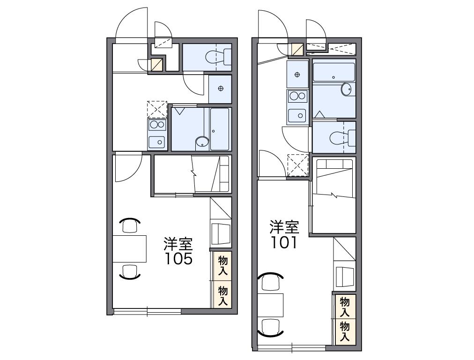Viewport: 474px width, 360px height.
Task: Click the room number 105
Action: click(178, 259)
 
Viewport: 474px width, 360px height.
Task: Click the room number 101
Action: click(284, 243)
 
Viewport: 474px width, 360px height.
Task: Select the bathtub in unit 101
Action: click(333, 72)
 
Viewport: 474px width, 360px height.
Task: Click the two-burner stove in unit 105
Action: click(157, 125)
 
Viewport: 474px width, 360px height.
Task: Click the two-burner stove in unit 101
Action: click(297, 97)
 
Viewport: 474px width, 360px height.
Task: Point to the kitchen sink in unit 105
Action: click(157, 141)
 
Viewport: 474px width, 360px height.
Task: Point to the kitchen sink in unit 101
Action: click(297, 114)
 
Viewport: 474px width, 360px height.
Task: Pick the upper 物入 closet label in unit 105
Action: click(222, 265)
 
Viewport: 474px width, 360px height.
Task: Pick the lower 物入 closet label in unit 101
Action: click(345, 331)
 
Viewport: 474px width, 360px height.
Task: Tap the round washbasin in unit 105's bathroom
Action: click(201, 142)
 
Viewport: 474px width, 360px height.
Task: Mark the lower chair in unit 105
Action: click(129, 271)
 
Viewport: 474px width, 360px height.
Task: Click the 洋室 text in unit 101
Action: click(284, 228)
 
